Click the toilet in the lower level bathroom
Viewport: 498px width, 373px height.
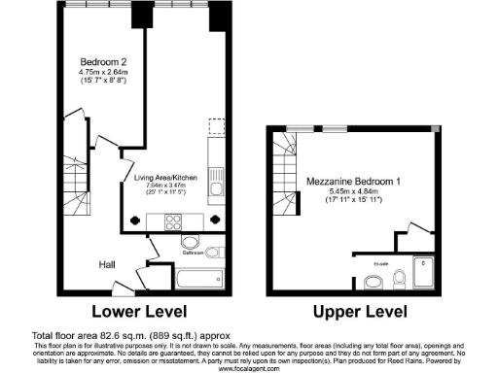190,241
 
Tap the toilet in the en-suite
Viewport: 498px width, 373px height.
401,280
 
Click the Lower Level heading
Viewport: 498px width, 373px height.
142,313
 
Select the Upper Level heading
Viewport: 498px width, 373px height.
354,313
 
